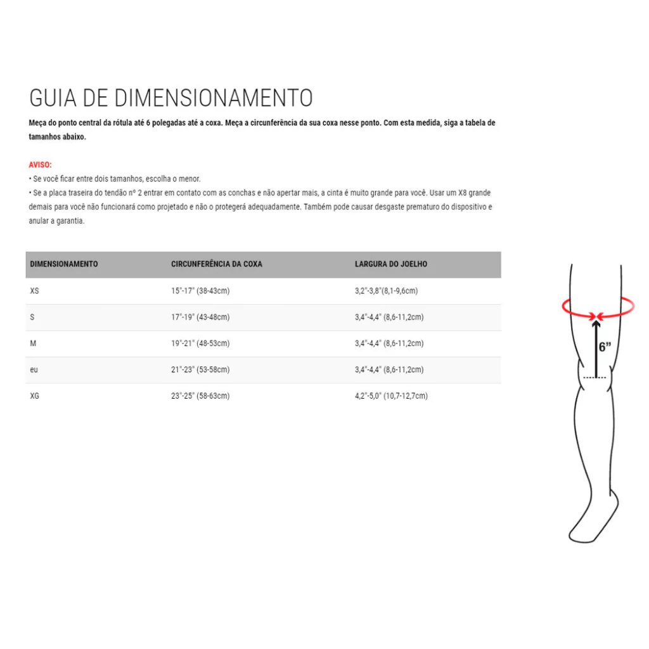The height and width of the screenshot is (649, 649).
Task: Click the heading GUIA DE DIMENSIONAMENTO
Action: pos(171,98)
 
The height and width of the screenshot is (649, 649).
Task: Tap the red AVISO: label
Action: pos(41,165)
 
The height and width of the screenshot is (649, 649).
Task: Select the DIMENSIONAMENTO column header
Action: pos(64,264)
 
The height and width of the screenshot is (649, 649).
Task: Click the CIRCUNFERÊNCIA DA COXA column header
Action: pos(216,264)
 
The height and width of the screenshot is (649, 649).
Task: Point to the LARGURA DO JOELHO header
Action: pos(390,264)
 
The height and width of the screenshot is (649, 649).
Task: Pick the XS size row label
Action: pos(35,291)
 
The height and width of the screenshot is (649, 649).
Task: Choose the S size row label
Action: pos(32,317)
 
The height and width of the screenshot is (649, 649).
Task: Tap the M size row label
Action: pos(33,344)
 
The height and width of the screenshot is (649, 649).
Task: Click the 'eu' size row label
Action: pos(34,369)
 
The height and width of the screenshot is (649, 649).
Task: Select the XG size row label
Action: pos(35,396)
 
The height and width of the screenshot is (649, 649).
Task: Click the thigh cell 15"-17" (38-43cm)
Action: pos(200,291)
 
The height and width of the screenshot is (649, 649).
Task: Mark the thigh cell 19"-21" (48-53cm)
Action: pos(200,344)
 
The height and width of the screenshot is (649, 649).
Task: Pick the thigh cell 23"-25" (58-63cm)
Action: pos(200,396)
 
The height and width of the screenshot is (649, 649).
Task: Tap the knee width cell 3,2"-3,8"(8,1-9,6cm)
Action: pos(386,291)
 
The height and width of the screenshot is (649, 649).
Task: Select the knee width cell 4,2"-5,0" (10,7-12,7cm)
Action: pos(391,396)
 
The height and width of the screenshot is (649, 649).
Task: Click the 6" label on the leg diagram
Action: pos(605,347)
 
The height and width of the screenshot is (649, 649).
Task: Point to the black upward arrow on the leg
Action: pos(595,349)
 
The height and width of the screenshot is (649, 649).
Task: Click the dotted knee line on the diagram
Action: pos(594,378)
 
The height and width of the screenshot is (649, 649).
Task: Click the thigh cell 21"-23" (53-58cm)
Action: pos(200,369)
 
